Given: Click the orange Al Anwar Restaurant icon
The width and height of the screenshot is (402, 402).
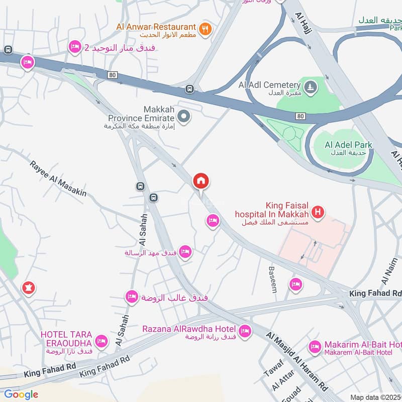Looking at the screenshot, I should (204, 29).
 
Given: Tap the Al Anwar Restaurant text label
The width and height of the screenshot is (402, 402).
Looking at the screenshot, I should (155, 26).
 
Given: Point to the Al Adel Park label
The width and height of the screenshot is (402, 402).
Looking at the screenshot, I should (348, 145).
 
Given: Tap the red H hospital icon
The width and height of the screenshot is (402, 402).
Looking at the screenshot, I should (317, 213).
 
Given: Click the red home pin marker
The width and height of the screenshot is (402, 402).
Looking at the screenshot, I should (201, 181).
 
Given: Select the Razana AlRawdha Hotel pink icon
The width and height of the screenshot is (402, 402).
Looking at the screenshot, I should (245, 331).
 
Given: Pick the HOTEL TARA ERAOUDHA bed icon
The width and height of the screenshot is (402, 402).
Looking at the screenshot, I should (101, 341).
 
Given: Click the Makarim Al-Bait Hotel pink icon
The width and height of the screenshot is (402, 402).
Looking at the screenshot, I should (315, 346).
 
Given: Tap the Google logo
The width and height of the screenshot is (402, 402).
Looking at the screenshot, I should (21, 394).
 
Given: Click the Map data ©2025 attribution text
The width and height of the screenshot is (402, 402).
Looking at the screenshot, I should (375, 397).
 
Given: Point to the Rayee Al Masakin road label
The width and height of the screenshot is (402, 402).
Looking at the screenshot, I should (58, 178).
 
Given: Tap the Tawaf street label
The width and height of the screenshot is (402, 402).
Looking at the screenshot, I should (271, 370).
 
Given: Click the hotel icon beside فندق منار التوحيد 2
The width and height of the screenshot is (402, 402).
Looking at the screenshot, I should (75, 47).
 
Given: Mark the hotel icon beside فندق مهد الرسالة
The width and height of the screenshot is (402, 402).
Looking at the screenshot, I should (185, 251).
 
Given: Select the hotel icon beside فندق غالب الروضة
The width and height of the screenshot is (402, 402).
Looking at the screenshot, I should (132, 296).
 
